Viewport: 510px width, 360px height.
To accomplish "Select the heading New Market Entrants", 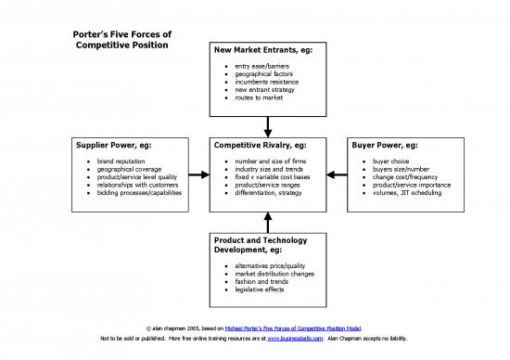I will [x=263, y=49].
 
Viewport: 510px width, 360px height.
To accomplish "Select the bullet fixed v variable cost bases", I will [x=274, y=176].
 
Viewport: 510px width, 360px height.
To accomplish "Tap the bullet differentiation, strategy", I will [x=269, y=192].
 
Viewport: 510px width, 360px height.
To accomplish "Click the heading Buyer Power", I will [x=385, y=146].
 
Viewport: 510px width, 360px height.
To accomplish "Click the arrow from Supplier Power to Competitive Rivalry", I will [x=198, y=174].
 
